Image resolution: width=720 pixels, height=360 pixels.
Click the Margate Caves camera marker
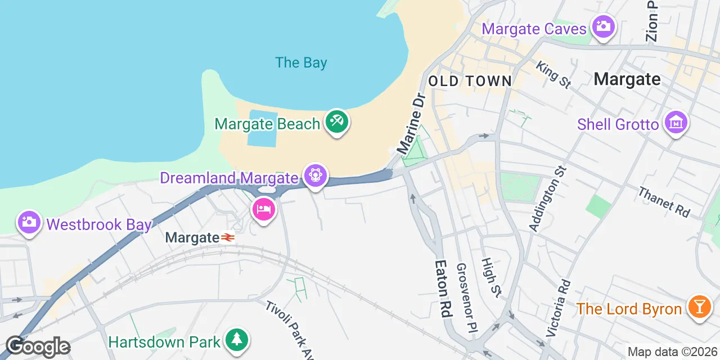point(603,26)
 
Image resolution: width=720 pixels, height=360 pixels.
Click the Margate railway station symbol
point(228,238)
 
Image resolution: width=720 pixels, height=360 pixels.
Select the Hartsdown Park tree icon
point(237,340)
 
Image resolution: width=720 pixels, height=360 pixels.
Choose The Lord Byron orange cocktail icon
point(699,308)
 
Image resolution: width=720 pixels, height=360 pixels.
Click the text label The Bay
point(301,62)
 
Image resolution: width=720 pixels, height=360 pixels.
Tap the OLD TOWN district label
point(470,81)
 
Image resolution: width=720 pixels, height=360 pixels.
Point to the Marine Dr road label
point(411,124)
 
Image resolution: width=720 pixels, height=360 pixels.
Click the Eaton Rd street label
point(444,289)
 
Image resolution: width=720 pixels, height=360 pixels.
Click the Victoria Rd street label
point(558,308)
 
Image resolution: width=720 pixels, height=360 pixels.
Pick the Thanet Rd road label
point(664,201)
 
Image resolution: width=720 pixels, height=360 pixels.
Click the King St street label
point(553,75)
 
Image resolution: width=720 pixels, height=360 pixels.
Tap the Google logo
point(38,346)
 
